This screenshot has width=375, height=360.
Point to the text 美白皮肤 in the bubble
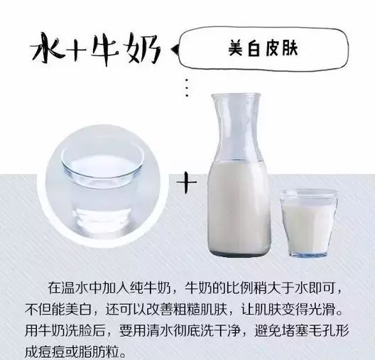pos(263,48)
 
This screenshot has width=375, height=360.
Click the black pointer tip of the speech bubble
pos(174,49)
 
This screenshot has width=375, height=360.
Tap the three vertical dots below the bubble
pos(187,88)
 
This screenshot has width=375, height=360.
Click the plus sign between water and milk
pos(187,182)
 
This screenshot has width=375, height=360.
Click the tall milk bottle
pos(239,175)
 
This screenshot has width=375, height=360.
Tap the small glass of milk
pos(308,222)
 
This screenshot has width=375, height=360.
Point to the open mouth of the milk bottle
pos(236,96)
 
